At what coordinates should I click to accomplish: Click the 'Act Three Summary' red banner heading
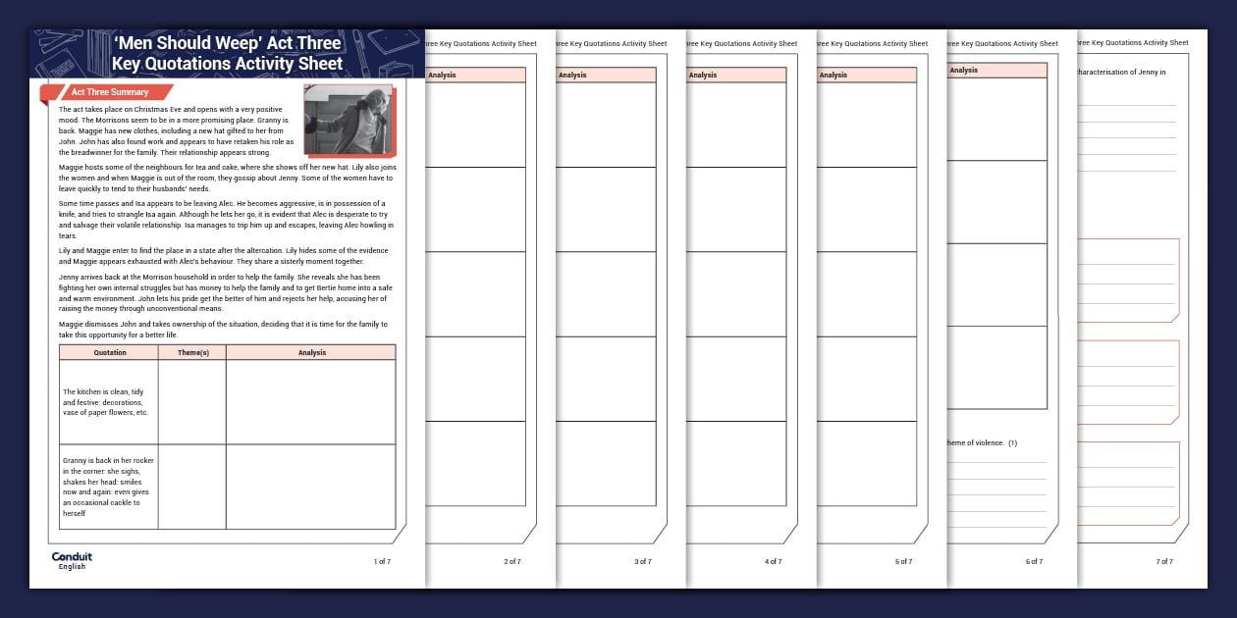tap(109, 92)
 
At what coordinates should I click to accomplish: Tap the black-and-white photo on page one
tap(349, 120)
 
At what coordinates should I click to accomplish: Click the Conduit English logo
tap(72, 560)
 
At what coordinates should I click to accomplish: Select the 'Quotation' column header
tap(109, 352)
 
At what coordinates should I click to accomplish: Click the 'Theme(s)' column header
tap(191, 352)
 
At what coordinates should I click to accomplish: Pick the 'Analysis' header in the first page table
tap(311, 352)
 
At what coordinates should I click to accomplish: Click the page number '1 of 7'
tap(382, 561)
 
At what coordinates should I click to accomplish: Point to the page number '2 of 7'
tap(512, 561)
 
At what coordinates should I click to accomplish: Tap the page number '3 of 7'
tap(643, 561)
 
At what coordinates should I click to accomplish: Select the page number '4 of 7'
tap(774, 561)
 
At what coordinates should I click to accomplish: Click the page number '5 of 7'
tap(903, 561)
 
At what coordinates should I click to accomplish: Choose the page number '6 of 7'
tap(1034, 561)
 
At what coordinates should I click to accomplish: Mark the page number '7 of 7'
tap(1164, 561)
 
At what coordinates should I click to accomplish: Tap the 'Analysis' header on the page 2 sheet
tap(442, 75)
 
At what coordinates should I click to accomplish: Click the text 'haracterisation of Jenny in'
tap(1122, 72)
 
